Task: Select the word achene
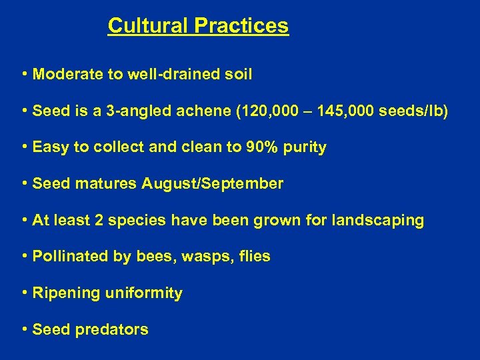click(204, 111)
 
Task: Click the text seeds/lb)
click(413, 111)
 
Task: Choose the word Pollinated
click(67, 257)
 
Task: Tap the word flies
click(253, 257)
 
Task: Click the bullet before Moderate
click(24, 74)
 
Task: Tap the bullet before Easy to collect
click(24, 147)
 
